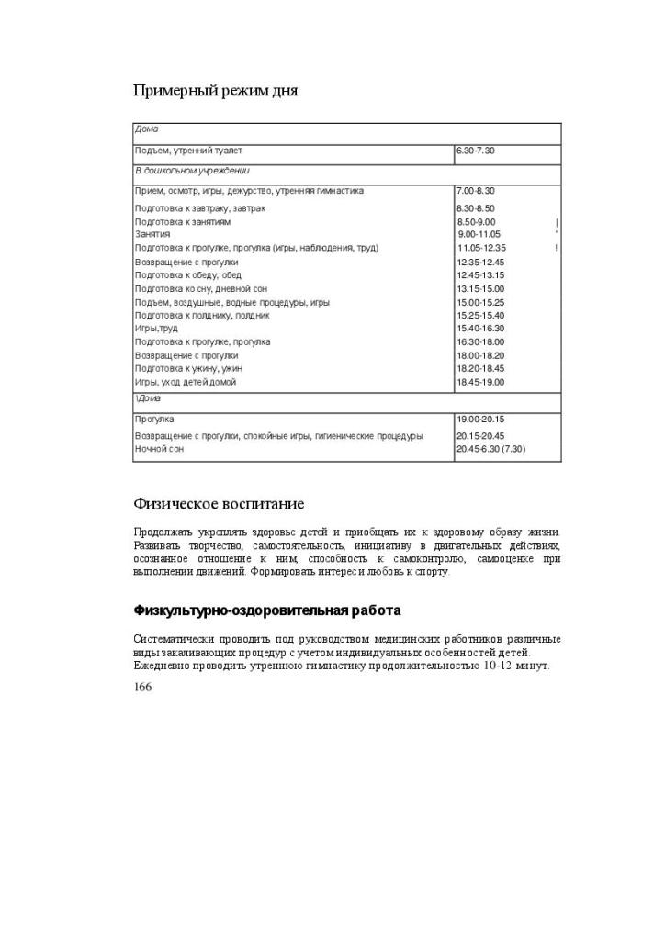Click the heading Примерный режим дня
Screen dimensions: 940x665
pyautogui.click(x=216, y=90)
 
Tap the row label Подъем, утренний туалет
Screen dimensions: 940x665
pyautogui.click(x=188, y=151)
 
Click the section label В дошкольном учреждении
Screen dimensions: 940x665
pyautogui.click(x=192, y=171)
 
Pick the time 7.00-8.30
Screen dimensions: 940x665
pyautogui.click(x=476, y=191)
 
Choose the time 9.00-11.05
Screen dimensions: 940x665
pyautogui.click(x=479, y=235)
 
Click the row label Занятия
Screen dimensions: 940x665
pyautogui.click(x=152, y=235)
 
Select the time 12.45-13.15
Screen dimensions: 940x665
pyautogui.click(x=480, y=275)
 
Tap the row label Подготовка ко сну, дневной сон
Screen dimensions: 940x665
pyautogui.click(x=202, y=288)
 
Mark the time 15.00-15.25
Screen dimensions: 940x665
pyautogui.click(x=480, y=302)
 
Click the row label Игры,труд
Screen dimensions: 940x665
pyautogui.click(x=156, y=329)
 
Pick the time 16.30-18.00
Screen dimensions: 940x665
pyautogui.click(x=480, y=341)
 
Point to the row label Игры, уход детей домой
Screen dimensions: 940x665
pyautogui.click(x=186, y=382)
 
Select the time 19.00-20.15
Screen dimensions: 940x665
pyautogui.click(x=480, y=420)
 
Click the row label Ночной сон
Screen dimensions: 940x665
pyautogui.click(x=159, y=449)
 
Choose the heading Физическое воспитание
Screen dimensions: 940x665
pyautogui.click(x=219, y=504)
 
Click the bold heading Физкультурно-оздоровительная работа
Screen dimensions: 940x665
pyautogui.click(x=267, y=610)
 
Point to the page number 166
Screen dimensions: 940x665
pyautogui.click(x=142, y=687)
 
